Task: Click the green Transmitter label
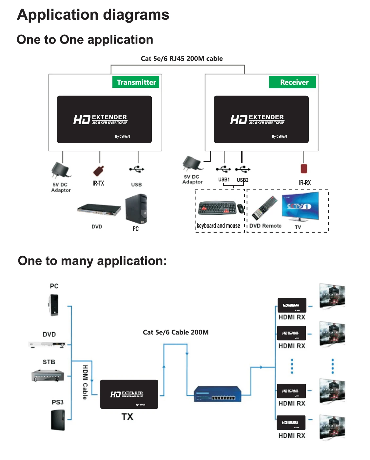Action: (136, 82)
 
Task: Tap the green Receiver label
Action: (292, 82)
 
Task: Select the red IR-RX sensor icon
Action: (304, 168)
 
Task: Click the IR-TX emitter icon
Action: (98, 171)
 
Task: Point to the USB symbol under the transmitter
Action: (137, 169)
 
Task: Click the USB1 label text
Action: (224, 180)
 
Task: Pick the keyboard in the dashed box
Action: (217, 207)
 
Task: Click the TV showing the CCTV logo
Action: (300, 206)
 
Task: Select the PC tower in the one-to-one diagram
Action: (136, 209)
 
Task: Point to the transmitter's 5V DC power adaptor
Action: (61, 170)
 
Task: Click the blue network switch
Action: (217, 393)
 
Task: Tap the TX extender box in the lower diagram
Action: (129, 394)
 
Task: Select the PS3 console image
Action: (58, 420)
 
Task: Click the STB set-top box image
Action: (48, 375)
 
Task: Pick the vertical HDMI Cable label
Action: (85, 382)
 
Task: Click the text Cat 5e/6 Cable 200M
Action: (176, 332)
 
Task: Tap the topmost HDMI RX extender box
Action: (292, 305)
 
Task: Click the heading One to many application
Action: (92, 261)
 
